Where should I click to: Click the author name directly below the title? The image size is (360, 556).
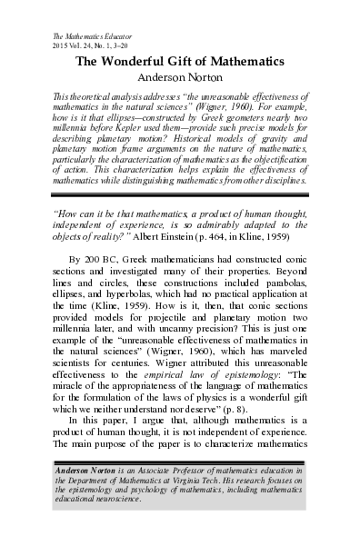point(179,78)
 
